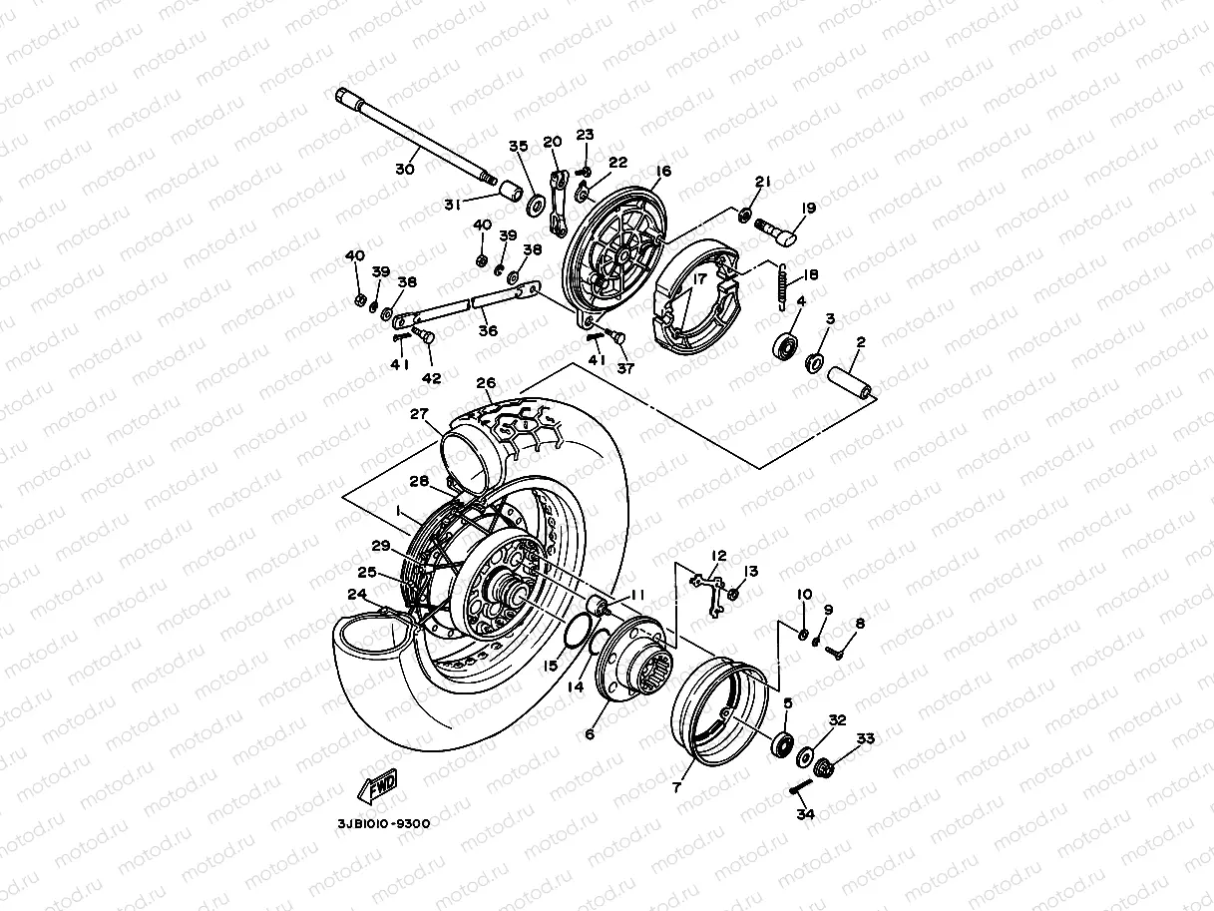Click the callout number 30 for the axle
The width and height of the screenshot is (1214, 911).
coord(404,170)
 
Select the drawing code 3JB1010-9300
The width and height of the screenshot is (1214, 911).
coord(383,823)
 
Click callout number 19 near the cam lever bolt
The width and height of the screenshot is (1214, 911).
coord(808,209)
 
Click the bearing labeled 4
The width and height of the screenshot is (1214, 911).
coord(785,347)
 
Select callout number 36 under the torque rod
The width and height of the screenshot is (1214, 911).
coord(487,331)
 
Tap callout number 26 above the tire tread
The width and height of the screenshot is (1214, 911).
coord(486,382)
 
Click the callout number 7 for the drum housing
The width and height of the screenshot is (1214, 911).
coord(677,787)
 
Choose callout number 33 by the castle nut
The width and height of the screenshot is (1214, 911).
coord(865,739)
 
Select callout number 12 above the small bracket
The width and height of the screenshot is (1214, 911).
coord(718,555)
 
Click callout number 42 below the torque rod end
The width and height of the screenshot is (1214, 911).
coord(431,379)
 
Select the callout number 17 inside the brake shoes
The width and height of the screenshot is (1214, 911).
coord(699,281)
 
